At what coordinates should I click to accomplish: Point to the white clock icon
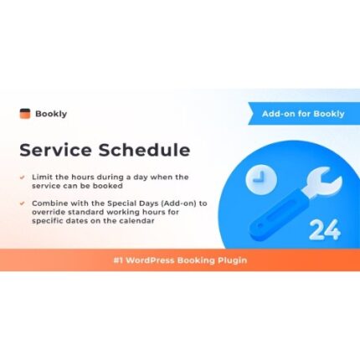pos(259,178)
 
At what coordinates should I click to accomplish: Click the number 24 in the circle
pos(323,230)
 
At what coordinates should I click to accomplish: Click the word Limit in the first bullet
pos(42,177)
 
